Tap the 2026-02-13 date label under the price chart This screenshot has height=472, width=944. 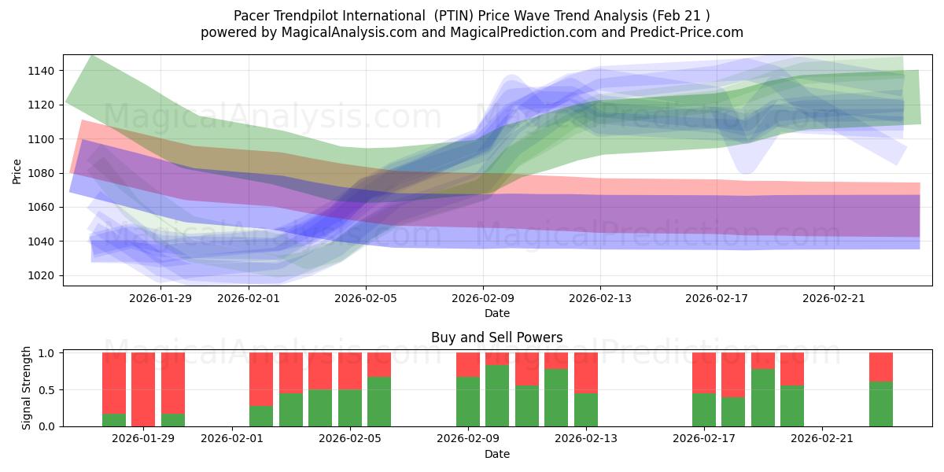[599, 298]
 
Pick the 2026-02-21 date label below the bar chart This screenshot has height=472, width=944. [821, 439]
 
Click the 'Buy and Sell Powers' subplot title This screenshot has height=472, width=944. [496, 337]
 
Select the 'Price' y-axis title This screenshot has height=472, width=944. [17, 171]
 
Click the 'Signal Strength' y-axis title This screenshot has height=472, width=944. [27, 388]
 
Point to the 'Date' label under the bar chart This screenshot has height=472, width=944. [496, 454]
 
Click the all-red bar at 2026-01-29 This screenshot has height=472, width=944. [143, 389]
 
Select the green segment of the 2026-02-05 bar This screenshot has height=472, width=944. [379, 402]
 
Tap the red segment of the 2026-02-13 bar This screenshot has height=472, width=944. [586, 372]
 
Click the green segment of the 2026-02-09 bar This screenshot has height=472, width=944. [468, 402]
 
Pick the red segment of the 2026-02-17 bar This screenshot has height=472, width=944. [704, 372]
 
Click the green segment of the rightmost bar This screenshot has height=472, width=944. [881, 404]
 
